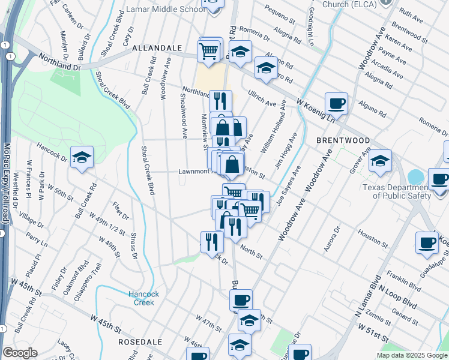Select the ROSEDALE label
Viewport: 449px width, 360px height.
[140, 341]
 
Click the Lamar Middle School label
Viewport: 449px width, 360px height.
[166, 10]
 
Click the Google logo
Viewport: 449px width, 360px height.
[20, 353]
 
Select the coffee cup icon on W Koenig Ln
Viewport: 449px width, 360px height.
[337, 103]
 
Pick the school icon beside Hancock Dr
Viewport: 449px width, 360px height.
[82, 158]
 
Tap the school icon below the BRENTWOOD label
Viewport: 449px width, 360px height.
[379, 161]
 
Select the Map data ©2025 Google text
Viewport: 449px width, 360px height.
[412, 355]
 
